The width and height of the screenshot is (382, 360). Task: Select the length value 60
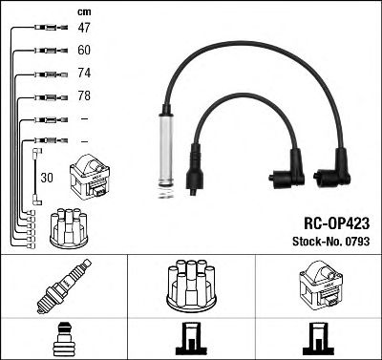(x=84, y=51)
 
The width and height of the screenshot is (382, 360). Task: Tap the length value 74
(x=84, y=74)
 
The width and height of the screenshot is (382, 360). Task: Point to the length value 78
(x=84, y=96)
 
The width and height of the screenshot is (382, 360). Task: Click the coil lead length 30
(x=48, y=178)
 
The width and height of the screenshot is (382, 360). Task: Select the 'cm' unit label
(x=84, y=11)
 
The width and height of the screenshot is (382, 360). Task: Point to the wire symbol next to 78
(x=46, y=96)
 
